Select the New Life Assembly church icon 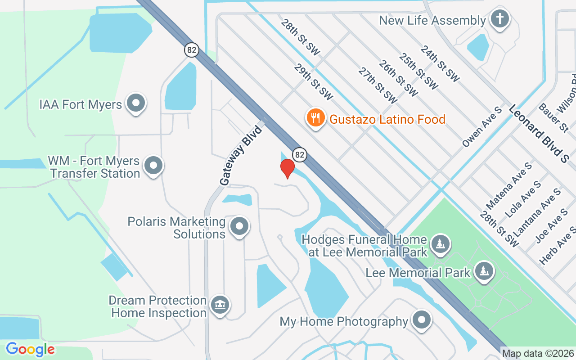499,20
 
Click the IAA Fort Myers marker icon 135,103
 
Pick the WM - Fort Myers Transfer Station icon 153,166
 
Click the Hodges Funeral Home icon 440,244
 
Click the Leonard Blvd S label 539,134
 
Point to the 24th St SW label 440,63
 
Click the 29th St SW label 313,81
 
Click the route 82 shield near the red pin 300,155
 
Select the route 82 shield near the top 192,49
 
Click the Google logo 30,349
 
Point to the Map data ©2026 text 538,353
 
